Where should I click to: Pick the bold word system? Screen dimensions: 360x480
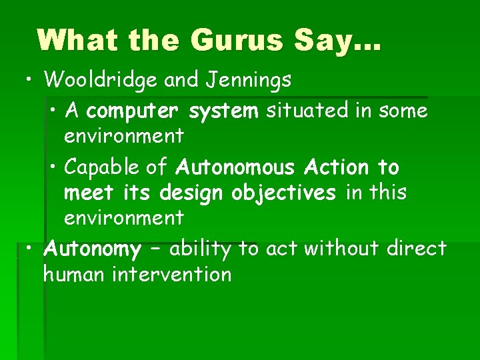223,111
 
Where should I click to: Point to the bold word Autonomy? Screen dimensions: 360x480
92,250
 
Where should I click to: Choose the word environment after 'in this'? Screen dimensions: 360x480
123,218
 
